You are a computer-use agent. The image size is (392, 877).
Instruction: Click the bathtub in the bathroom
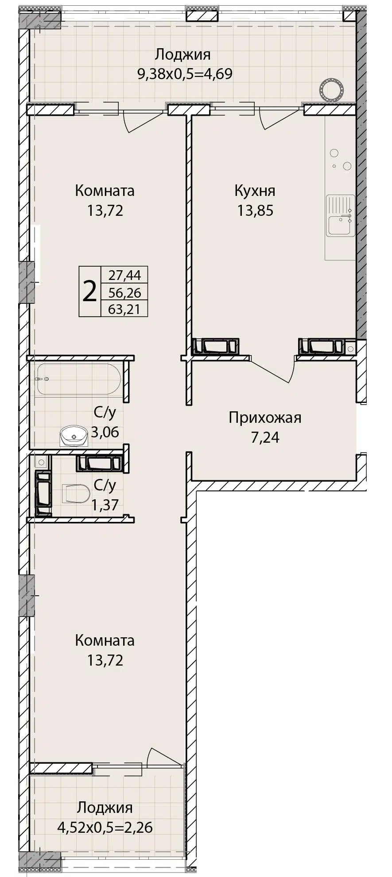coord(79,379)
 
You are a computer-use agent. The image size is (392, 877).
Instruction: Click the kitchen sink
coord(340,215)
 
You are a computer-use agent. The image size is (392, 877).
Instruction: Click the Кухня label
coord(255,191)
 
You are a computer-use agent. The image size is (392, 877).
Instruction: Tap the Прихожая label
coord(265,417)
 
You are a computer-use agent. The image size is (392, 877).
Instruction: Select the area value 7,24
coord(265,437)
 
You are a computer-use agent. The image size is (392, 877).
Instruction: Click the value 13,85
coord(255,210)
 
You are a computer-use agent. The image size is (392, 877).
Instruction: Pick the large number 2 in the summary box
coord(90,291)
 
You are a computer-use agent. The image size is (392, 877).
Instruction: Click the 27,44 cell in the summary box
coord(124,275)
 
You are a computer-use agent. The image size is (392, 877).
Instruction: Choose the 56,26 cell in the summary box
coord(124,292)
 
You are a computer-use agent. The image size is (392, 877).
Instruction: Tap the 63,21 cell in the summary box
coord(124,309)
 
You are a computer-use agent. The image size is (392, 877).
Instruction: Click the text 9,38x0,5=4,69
coord(185,73)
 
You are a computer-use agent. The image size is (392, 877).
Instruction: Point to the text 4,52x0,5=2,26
coord(105,827)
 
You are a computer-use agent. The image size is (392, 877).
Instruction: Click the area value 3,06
coord(105,432)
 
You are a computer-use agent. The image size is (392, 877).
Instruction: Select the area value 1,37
coord(105,504)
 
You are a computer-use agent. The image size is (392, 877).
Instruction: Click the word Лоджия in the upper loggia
coord(182,55)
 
